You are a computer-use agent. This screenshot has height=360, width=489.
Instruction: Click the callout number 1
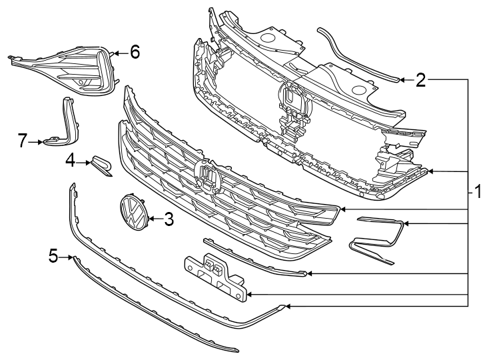coord(478,193)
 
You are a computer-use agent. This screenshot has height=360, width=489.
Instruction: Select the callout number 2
coord(420,81)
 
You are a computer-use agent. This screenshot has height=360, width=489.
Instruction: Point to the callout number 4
coord(69,161)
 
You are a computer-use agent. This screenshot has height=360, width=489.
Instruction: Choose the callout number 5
coord(53,255)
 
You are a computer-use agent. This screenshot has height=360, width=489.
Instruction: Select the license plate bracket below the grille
coord(213,274)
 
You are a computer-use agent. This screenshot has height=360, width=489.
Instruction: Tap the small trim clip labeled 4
coord(102,165)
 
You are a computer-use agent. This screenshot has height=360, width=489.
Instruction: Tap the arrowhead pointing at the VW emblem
coord(150,219)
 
